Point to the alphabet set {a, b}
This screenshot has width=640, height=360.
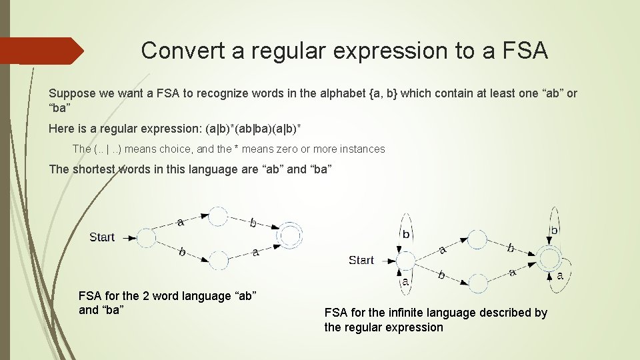tap(383, 93)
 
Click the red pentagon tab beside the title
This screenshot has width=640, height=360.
tap(40, 51)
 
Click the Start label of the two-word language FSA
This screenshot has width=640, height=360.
tap(102, 237)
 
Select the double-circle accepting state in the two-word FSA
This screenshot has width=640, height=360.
tap(290, 235)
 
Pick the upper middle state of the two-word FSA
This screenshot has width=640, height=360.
tap(218, 216)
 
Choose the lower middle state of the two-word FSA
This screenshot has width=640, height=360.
tap(218, 258)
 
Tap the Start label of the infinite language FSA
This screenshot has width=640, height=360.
tap(361, 260)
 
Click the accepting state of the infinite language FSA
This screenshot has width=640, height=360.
tap(550, 258)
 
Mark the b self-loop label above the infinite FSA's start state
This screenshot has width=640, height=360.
tap(406, 234)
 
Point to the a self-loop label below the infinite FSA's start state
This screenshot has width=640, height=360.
tap(405, 282)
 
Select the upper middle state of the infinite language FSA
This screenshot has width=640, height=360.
tap(477, 239)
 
